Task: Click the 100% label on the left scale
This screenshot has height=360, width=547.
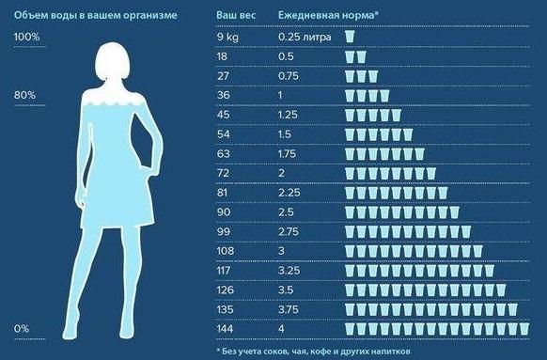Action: pos(26,37)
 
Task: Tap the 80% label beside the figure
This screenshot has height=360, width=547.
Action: pos(24,95)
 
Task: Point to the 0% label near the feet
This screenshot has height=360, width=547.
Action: pos(22,329)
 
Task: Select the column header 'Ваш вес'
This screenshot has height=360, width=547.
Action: pos(236,15)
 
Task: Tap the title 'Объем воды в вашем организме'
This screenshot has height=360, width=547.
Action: pos(95,16)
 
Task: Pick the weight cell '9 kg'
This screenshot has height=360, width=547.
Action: pos(227,37)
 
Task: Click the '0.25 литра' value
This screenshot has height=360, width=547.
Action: pos(305,37)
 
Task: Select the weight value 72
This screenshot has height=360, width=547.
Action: pos(224,173)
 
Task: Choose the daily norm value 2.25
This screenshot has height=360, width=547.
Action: pos(289,193)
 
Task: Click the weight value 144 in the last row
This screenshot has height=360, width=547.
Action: pos(226,329)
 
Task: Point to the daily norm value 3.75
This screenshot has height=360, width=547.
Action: pos(289,309)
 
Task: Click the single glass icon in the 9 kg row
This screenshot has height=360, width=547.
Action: pos(350,37)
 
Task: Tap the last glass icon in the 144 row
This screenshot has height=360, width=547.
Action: pos(524,329)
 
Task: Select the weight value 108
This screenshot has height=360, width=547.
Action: pos(226,251)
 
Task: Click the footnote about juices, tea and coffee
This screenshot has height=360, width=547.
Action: pos(314,351)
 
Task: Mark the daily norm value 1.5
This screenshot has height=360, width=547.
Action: pos(285,134)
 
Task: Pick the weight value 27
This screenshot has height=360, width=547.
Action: pos(223,76)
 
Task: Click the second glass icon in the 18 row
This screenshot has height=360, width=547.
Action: pos(362,56)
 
